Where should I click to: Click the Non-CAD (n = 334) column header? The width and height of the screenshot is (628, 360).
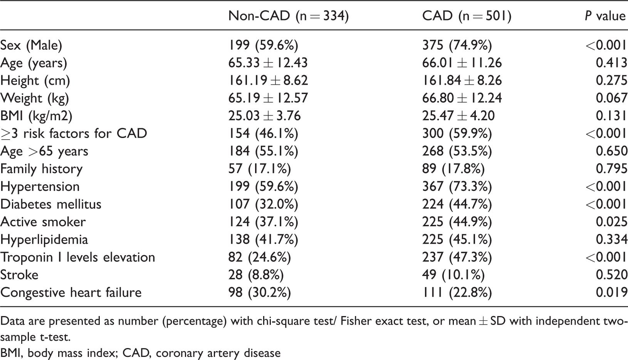point(289,16)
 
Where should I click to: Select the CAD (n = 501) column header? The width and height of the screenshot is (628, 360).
point(467,16)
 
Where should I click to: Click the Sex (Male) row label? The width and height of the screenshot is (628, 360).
point(31,45)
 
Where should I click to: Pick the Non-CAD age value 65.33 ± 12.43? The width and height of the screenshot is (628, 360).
point(268,62)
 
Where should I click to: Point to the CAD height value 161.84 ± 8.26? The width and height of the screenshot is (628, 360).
point(462,80)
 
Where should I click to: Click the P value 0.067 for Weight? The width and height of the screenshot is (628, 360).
point(611,98)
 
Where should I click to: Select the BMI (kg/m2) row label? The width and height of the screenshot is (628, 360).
point(36,116)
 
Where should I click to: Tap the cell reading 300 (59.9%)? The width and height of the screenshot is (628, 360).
point(457,133)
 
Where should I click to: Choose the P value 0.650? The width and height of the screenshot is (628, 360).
point(611,151)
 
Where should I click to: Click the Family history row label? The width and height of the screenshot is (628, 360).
point(42,169)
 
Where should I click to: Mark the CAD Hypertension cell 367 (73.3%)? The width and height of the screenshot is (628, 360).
point(457,187)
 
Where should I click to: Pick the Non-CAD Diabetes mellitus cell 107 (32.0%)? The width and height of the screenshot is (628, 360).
point(263,204)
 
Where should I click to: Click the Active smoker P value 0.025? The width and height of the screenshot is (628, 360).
point(611,222)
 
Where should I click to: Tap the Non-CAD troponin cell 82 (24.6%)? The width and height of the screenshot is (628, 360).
point(260,257)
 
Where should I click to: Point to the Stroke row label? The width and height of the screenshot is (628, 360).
point(19,275)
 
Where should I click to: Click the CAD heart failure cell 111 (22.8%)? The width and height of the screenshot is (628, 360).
point(457,293)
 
